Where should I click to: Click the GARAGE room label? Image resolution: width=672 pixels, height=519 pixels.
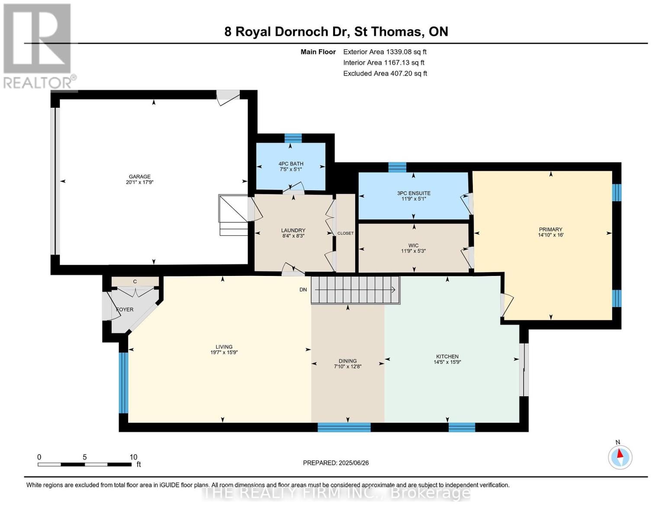139,177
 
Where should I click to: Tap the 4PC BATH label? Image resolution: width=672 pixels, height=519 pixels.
291,164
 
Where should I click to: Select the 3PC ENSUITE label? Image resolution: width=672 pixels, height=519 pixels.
414,193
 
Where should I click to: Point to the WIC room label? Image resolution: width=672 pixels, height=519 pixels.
414,245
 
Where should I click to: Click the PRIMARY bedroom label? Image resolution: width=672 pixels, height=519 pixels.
550,229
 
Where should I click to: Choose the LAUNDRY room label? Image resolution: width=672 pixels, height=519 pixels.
293,230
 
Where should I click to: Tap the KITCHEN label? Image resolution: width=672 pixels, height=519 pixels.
447,356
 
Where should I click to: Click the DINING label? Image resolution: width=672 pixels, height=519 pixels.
347,361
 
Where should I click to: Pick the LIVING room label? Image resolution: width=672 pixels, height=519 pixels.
224,347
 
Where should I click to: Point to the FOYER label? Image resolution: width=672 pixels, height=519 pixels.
125,309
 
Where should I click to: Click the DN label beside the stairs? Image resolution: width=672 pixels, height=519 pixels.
303,290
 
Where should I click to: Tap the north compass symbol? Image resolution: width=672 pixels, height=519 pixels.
620,457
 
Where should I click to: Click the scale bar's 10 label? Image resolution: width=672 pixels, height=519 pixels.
133,457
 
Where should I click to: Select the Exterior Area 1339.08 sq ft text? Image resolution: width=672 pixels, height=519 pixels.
385,52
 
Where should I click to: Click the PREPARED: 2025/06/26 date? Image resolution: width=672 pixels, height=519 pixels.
336,463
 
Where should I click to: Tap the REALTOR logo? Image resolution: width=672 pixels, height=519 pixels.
39,46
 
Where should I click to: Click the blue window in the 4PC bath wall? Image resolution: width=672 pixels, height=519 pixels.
293,138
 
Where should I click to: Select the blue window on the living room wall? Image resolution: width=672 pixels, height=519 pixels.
123,383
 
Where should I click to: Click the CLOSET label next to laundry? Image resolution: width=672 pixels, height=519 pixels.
345,234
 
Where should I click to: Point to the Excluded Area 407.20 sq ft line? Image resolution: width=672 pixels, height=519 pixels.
385,74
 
